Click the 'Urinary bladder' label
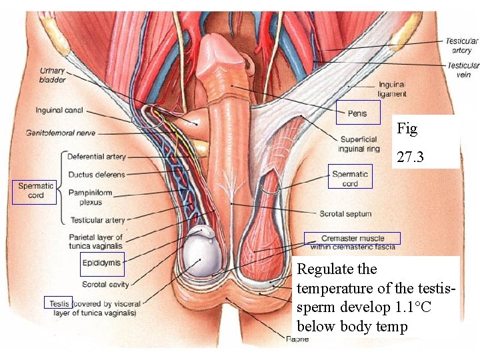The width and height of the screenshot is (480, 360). tap(53, 75)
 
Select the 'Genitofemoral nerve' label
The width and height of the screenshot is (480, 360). tap(61, 133)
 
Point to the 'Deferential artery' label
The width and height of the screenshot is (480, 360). tap(96, 157)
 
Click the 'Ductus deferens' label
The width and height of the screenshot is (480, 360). tap(96, 175)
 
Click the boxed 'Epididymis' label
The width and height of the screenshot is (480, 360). tap(101, 263)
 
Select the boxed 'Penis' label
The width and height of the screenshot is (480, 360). tap(357, 113)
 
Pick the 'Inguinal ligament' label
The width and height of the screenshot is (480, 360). tap(391, 89)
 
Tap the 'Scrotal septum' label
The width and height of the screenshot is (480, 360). tap(345, 214)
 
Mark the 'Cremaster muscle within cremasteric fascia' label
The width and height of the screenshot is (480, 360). tap(353, 242)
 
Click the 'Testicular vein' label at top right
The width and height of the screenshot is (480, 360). tap(463, 70)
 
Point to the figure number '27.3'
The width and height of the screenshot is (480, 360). tap(411, 158)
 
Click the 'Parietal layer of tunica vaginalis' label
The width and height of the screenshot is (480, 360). tap(95, 242)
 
